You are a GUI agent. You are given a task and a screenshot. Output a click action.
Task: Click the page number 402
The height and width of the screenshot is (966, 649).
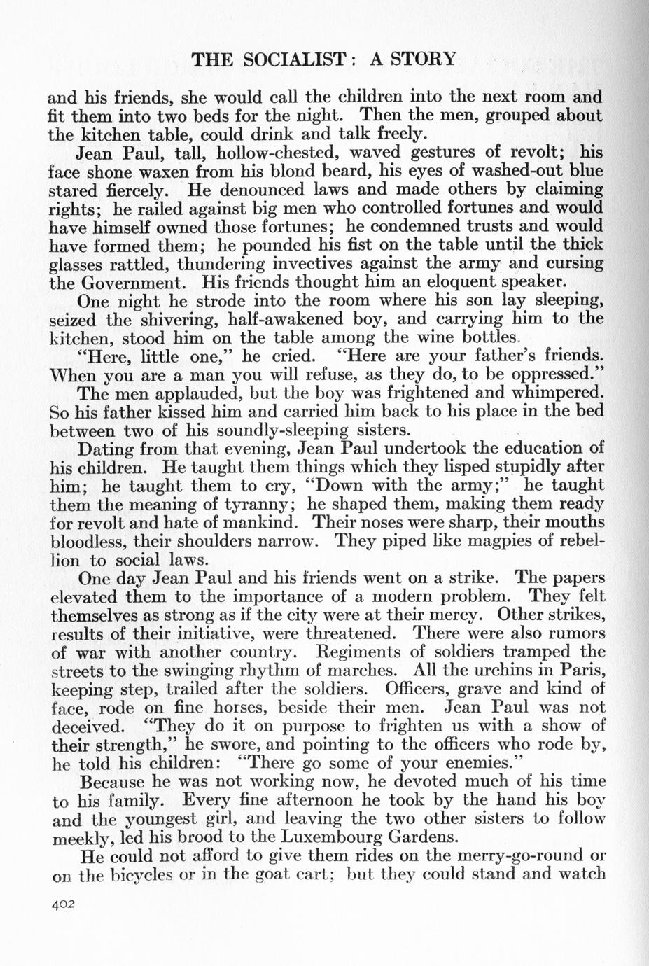click(x=63, y=904)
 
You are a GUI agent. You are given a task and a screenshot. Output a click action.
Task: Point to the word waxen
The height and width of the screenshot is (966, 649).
click(x=151, y=171)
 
